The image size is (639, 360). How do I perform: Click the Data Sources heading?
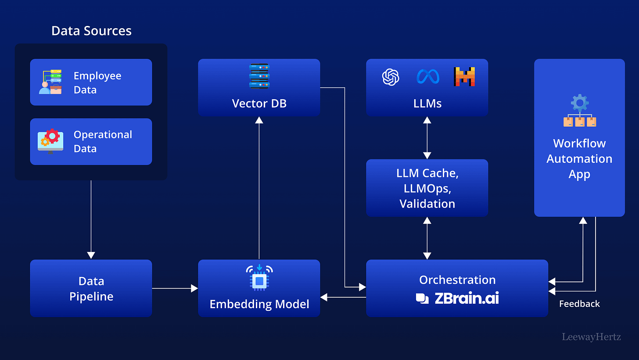tap(91, 31)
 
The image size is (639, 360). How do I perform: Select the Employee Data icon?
tap(50, 82)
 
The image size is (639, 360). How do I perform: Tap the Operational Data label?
tap(103, 141)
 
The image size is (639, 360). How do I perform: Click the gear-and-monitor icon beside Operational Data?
tap(50, 141)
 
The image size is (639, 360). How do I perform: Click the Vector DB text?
tap(259, 104)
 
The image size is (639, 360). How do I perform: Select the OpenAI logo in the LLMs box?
tap(391, 77)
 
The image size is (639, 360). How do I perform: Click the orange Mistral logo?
tap(464, 77)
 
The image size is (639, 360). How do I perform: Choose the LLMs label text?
tap(427, 104)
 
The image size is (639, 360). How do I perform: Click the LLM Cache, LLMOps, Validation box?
tap(427, 188)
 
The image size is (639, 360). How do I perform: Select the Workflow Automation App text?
tap(579, 158)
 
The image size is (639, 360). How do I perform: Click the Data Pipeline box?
tap(91, 288)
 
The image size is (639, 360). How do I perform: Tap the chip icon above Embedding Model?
tap(259, 277)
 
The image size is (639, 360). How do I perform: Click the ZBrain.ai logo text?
tap(466, 299)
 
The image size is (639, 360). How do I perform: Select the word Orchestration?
tap(457, 280)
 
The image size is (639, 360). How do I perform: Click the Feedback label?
tap(579, 304)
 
